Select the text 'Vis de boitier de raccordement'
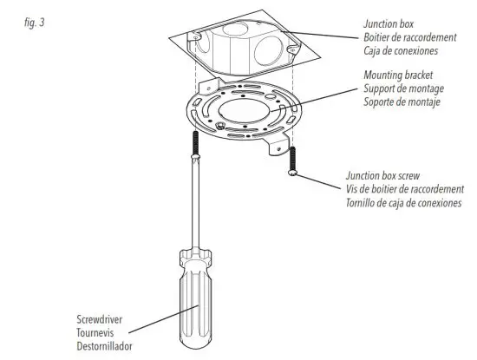click(404, 188)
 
